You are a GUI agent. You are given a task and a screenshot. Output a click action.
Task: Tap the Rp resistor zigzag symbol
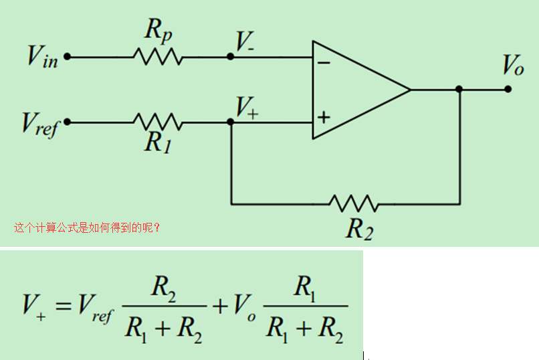tap(158, 57)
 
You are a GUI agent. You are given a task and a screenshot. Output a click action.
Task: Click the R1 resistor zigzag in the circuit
tap(158, 122)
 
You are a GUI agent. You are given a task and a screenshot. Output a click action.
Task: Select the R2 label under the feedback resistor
tap(358, 229)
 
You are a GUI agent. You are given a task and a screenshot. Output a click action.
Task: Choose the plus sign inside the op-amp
tap(324, 118)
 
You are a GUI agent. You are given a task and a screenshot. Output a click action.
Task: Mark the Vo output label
tap(514, 66)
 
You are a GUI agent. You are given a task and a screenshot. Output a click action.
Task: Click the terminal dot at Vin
tap(67, 57)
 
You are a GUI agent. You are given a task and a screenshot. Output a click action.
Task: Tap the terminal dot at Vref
tap(67, 122)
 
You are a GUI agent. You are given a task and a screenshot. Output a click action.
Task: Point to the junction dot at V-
tap(231, 57)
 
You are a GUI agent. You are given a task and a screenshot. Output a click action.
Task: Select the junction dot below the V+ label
tap(231, 122)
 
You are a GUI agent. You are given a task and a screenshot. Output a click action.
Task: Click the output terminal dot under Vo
tap(508, 89)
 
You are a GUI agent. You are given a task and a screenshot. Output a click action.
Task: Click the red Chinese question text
tap(87, 228)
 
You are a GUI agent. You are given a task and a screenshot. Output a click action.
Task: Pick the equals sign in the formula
tap(64, 307)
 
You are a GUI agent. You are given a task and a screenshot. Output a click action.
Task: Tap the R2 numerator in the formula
tap(165, 287)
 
